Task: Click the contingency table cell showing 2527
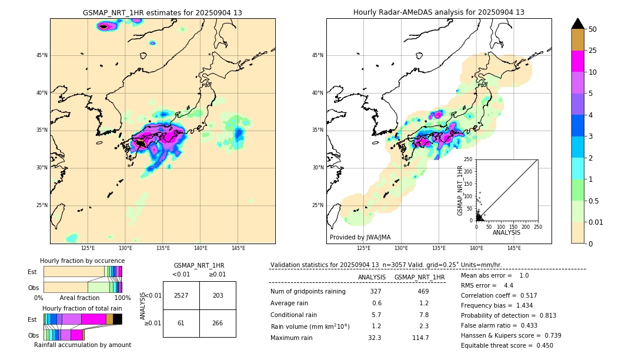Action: coord(181,295)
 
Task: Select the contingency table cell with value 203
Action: coord(218,295)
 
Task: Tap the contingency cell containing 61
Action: coord(181,323)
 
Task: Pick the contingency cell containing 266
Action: coord(218,323)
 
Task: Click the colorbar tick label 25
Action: coord(593,51)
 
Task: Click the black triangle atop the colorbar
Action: coord(577,24)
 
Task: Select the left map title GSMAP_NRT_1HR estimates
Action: coord(162,12)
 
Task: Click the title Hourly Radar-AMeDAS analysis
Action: coord(439,12)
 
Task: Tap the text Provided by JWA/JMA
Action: coord(360,237)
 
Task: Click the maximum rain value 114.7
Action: coord(420,338)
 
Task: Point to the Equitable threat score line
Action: coord(507,345)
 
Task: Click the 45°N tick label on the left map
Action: coord(41,55)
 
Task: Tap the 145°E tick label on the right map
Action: coord(514,248)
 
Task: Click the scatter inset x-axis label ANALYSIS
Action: coord(506,232)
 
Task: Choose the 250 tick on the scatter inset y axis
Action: coord(469,159)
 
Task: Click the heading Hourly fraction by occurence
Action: coord(82,261)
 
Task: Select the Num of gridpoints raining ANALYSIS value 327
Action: coord(376,291)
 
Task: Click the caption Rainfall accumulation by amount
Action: coord(82,345)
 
